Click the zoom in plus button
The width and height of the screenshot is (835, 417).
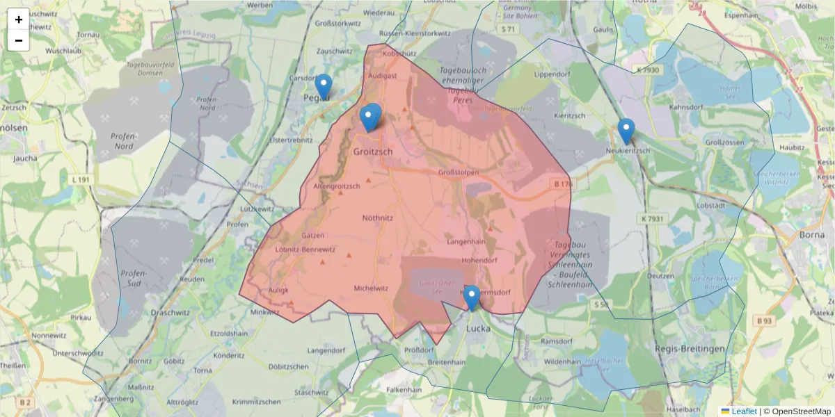[19, 19]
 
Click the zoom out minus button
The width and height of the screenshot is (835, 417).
[19, 40]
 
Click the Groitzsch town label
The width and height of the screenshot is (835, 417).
[373, 152]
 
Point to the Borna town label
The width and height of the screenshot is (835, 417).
[812, 234]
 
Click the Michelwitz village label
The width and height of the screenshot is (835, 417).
[370, 288]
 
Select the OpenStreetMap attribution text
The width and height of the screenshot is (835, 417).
[797, 411]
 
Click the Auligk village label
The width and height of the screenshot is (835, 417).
[278, 291]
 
